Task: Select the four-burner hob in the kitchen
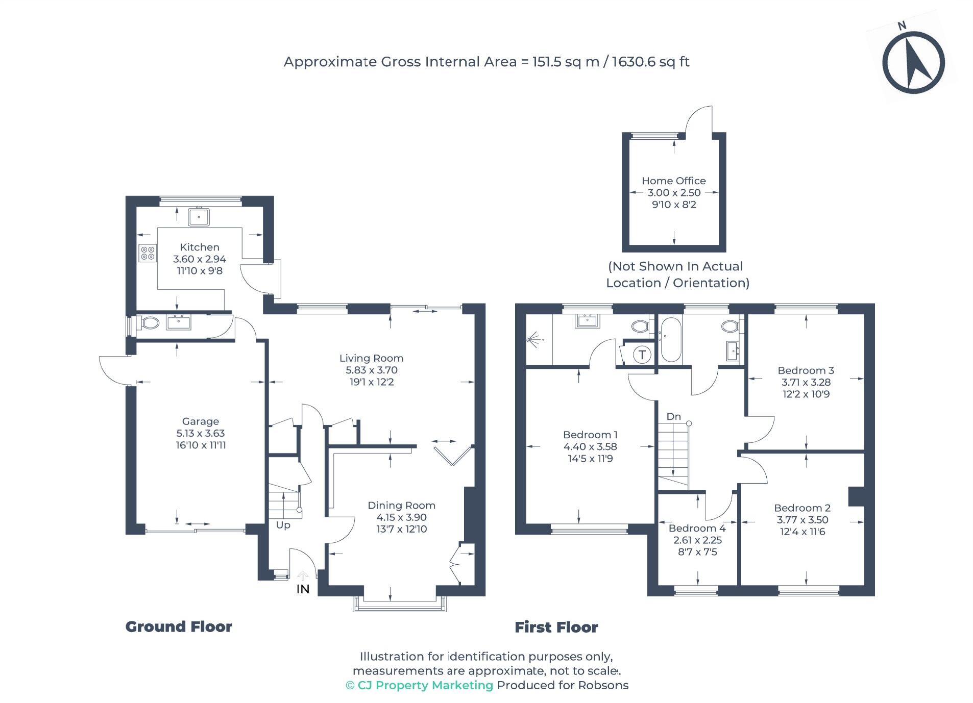pos(147,253)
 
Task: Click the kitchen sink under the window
pos(198,217)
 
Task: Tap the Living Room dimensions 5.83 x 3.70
pos(371,370)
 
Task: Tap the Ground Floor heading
pos(178,626)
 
